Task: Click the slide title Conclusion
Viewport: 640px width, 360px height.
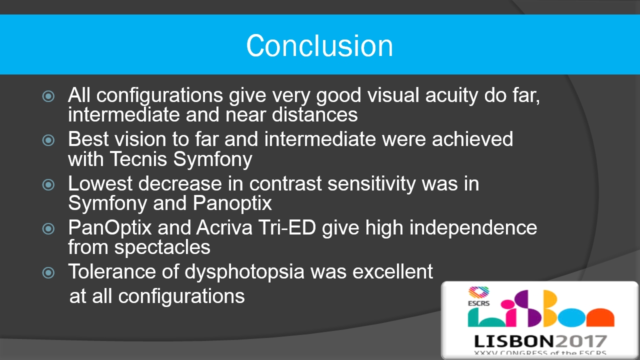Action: pyautogui.click(x=319, y=45)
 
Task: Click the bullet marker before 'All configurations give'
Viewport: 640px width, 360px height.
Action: pyautogui.click(x=48, y=96)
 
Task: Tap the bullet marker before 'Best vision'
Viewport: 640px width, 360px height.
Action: pyautogui.click(x=48, y=140)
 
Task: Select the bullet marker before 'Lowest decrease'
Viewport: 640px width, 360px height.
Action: pyautogui.click(x=48, y=184)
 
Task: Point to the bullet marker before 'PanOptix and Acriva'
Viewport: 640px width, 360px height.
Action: pyautogui.click(x=48, y=228)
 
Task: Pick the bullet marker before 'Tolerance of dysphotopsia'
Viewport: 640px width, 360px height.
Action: pyautogui.click(x=48, y=272)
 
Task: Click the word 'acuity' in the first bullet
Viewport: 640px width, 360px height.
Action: pyautogui.click(x=451, y=96)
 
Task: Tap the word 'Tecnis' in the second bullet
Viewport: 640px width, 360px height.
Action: pyautogui.click(x=138, y=159)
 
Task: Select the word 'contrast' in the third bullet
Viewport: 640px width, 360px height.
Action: pyautogui.click(x=285, y=183)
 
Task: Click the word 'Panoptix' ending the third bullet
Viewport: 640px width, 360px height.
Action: pyautogui.click(x=232, y=204)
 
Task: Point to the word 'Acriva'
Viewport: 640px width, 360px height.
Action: pyautogui.click(x=224, y=227)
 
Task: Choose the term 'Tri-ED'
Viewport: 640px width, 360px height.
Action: pyautogui.click(x=287, y=227)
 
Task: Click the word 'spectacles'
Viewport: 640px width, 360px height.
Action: pyautogui.click(x=162, y=247)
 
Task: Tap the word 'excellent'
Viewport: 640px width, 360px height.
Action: pyautogui.click(x=393, y=271)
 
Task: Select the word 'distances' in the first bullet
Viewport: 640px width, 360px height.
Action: pyautogui.click(x=314, y=115)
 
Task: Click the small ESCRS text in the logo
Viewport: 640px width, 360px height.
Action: pyautogui.click(x=478, y=303)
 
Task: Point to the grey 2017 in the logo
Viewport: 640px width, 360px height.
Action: pyautogui.click(x=580, y=341)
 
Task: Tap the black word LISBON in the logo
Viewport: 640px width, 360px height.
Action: pyautogui.click(x=514, y=341)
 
